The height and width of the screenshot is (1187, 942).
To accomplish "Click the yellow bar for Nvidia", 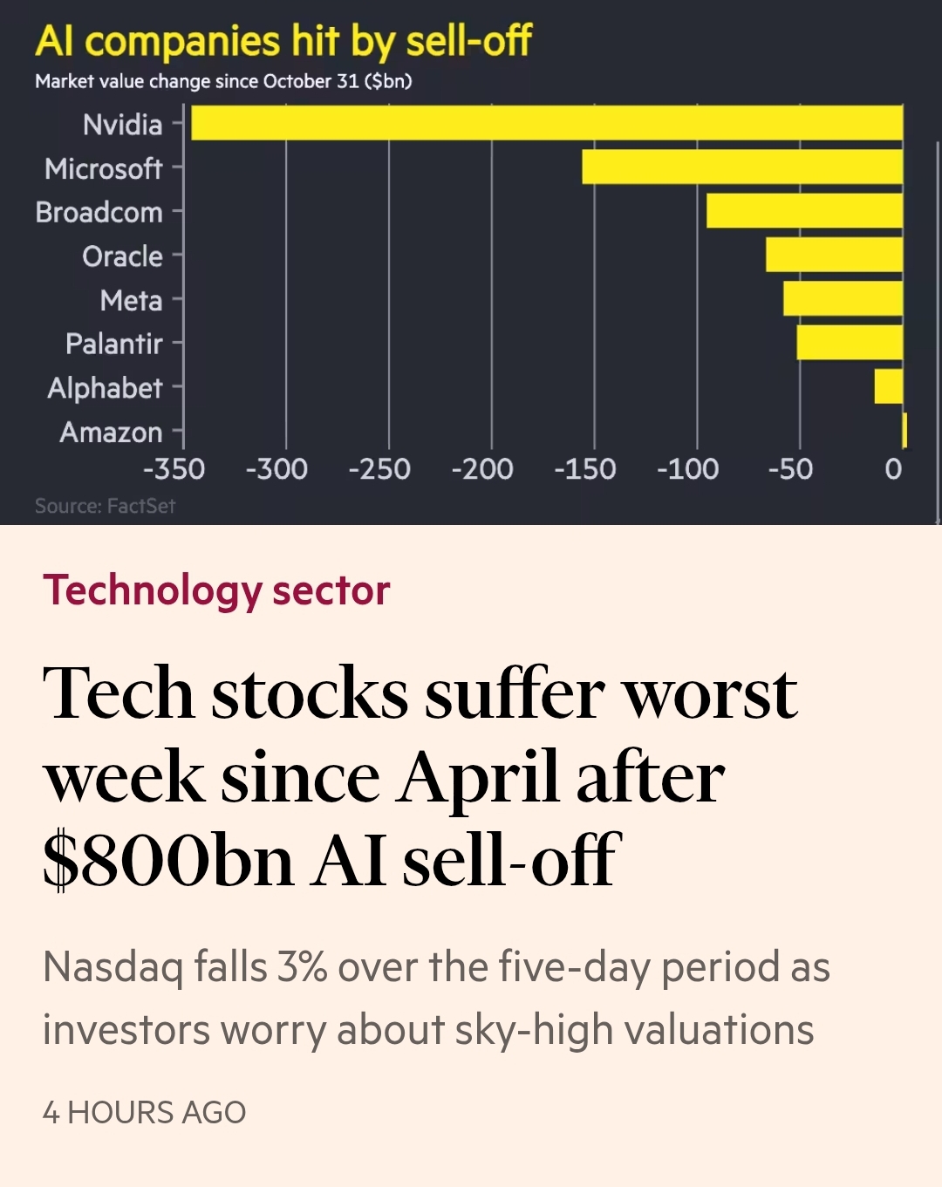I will pos(547,123).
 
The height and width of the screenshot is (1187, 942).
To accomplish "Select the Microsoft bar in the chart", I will pos(742,167).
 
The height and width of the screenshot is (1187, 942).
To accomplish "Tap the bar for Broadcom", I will pos(804,211).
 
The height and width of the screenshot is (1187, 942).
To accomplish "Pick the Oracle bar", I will pos(834,255).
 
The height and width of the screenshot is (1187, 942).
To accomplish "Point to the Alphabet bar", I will pos(889,386).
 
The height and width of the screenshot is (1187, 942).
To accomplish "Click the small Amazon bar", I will pos(904,431).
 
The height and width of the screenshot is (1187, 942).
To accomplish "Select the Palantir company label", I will pos(114,344).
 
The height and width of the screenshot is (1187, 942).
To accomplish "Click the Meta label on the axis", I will pos(131,300).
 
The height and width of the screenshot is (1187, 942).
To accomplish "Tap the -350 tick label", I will pos(174,469).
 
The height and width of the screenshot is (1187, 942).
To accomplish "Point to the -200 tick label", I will pos(482,469).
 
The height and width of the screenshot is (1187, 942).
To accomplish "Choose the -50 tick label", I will pos(790,469).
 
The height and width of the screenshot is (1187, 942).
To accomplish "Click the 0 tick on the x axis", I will pos(893,469).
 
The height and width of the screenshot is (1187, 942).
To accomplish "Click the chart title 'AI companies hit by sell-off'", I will pos(283,41).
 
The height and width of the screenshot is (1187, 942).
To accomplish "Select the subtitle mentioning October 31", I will pos(223,81).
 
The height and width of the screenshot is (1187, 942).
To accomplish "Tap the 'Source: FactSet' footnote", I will pos(105,506).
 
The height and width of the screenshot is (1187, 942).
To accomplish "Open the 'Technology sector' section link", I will pos(216,590).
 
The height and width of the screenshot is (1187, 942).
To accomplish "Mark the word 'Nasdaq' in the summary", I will pos(113,967).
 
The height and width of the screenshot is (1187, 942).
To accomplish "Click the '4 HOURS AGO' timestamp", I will pos(144,1113).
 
